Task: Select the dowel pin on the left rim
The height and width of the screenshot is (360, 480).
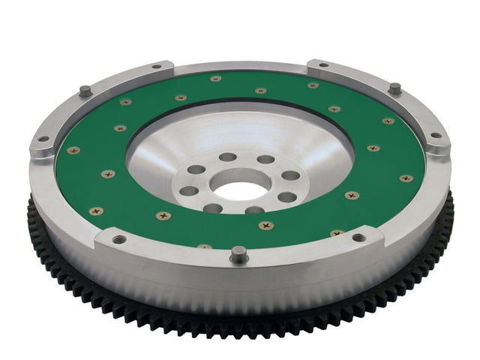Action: (85, 91)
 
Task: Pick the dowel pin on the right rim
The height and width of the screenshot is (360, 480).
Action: (394, 88)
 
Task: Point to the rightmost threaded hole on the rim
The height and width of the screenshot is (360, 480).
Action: (436, 136)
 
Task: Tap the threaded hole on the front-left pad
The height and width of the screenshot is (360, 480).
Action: (119, 239)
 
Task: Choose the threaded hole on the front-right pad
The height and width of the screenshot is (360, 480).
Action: (358, 238)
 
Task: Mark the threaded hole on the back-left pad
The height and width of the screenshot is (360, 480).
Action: (156, 67)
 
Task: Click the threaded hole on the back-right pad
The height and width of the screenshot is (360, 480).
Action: (322, 65)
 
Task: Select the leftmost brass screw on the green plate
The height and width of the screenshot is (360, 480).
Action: (73, 151)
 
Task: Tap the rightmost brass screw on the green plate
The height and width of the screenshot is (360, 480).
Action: (406, 178)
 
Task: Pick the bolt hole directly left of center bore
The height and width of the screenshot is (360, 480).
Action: (189, 190)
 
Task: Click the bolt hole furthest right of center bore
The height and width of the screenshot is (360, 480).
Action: (289, 175)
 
